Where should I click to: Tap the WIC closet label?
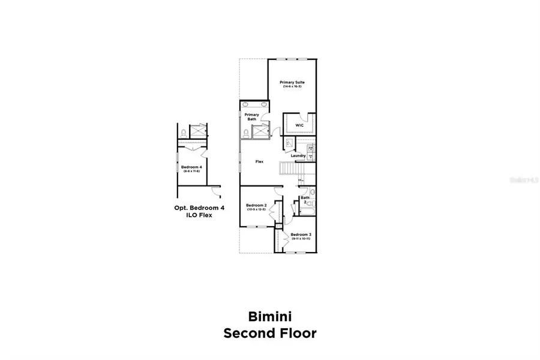[299, 125]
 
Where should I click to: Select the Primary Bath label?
[251, 116]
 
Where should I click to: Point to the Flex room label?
[260, 161]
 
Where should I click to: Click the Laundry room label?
[298, 156]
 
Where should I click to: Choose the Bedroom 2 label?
[256, 205]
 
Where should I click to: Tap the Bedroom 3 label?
[300, 235]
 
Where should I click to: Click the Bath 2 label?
[305, 200]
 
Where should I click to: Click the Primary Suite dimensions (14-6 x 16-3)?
[292, 87]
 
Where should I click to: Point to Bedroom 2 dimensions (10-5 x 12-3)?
[256, 209]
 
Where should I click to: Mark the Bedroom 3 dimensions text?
[300, 239]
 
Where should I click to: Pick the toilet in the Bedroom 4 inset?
[182, 133]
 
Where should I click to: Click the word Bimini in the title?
[269, 316]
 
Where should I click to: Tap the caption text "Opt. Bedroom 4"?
[199, 208]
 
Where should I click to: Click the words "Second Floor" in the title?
[269, 333]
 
